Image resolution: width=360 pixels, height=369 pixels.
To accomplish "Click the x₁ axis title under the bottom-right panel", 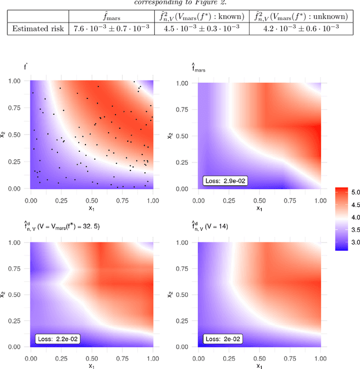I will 260,366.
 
